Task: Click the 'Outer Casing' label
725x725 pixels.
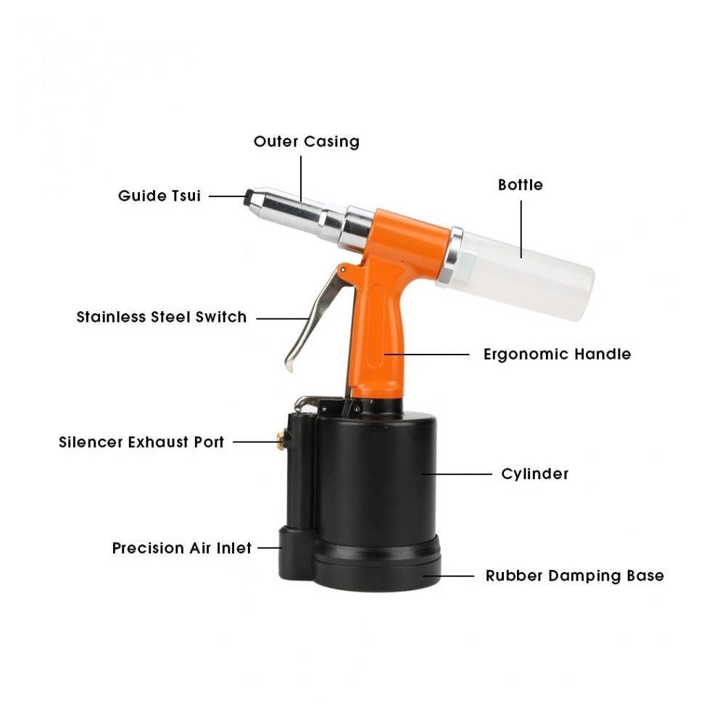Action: pos(307,141)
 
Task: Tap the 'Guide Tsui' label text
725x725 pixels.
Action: pos(159,196)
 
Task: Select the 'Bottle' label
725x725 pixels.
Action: pos(520,185)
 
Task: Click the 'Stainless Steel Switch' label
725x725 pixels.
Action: pos(162,318)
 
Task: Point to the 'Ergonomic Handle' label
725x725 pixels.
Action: pos(557,355)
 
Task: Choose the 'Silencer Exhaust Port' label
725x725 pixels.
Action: pos(141,442)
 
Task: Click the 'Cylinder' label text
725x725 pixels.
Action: pos(535,474)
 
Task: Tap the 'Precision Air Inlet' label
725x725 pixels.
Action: pos(182,548)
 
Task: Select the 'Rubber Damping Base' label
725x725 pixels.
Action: pos(575,576)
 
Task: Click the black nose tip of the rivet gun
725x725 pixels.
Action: pos(248,199)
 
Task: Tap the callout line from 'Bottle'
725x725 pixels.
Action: pos(521,229)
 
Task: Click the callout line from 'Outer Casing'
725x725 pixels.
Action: pos(301,178)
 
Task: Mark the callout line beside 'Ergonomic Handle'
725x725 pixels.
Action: pos(426,355)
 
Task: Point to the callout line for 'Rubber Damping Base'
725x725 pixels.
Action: pos(448,576)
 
